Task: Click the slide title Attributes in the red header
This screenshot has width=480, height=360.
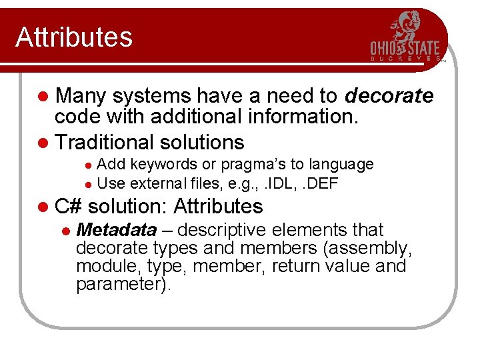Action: click(74, 37)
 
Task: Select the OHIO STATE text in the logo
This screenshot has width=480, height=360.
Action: click(405, 49)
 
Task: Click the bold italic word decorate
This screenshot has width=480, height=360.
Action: click(389, 97)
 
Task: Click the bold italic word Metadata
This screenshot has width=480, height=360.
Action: click(117, 230)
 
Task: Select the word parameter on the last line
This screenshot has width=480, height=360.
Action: click(120, 285)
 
